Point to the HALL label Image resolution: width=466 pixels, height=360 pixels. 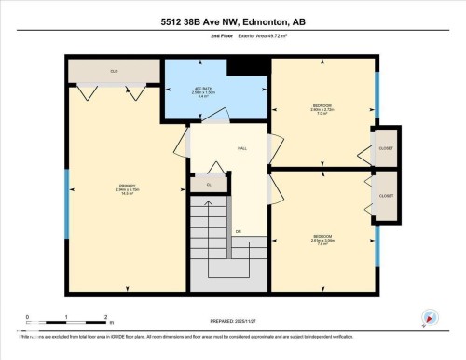(x=241, y=148)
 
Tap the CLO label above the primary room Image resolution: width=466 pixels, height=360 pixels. (x=113, y=70)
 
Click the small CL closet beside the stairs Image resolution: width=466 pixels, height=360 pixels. (x=209, y=185)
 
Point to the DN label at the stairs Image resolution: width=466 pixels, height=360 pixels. (x=239, y=231)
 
